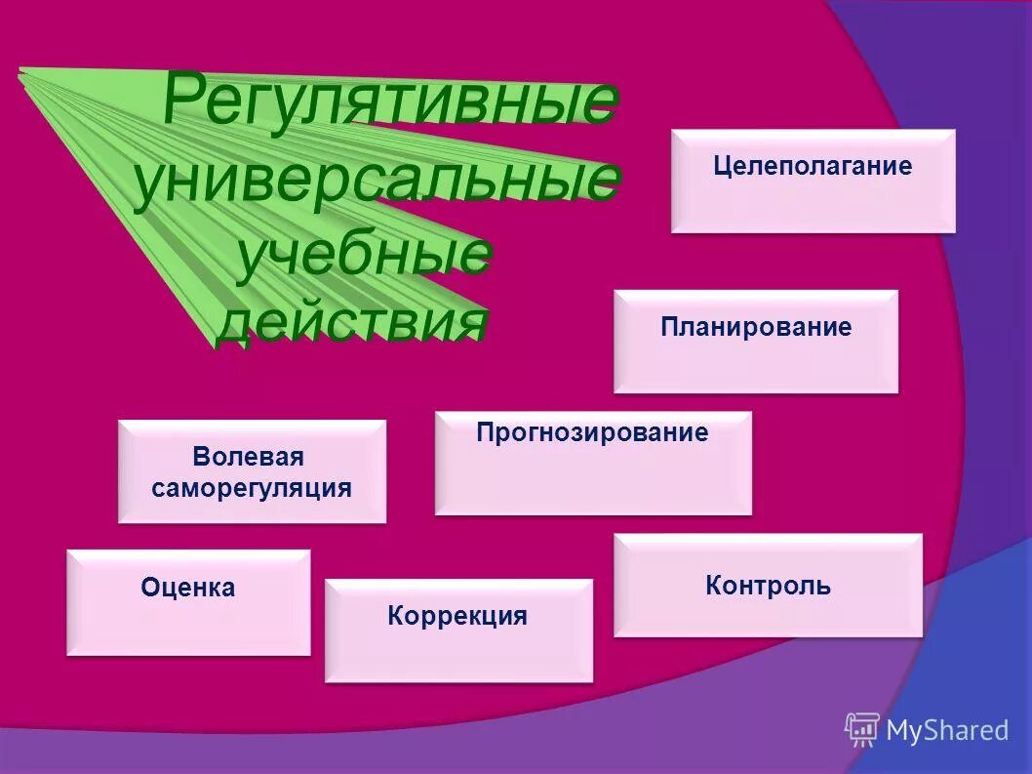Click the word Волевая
tap(249, 457)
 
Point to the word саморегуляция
tap(252, 487)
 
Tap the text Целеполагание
tap(813, 166)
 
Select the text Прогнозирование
tap(592, 432)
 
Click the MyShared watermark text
tap(946, 730)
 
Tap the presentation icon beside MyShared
tap(861, 729)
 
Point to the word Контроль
tap(768, 586)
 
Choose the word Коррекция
tap(457, 616)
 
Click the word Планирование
tap(755, 326)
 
